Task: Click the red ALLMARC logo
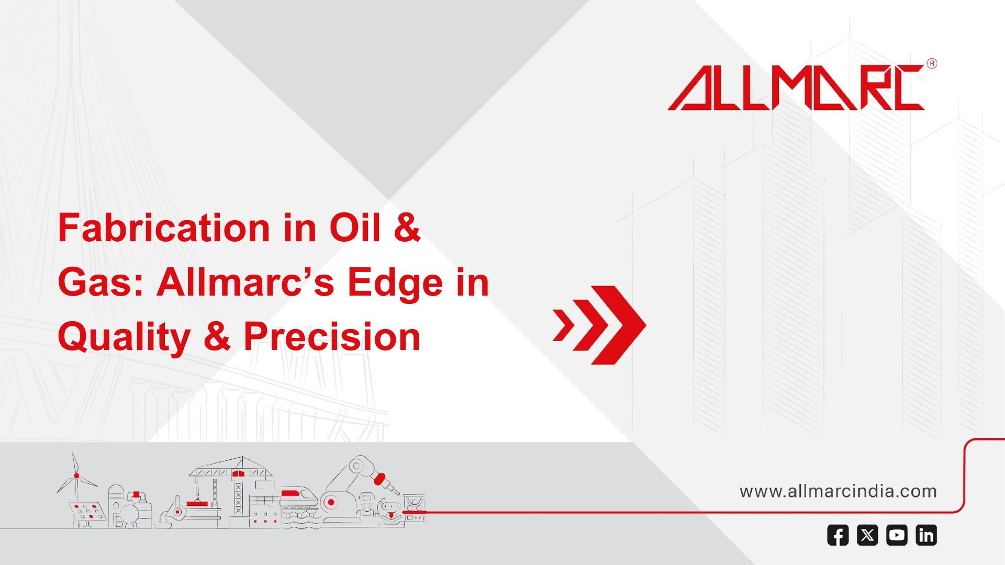[x=796, y=87]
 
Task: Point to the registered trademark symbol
[x=932, y=64]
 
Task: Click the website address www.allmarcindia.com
[x=838, y=491]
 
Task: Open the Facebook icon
[x=837, y=535]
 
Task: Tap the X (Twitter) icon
[x=867, y=535]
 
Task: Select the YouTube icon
[x=897, y=535]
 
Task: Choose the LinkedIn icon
[x=926, y=535]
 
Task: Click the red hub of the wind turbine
[x=76, y=476]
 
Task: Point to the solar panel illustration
[x=87, y=513]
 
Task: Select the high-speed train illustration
[x=299, y=499]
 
